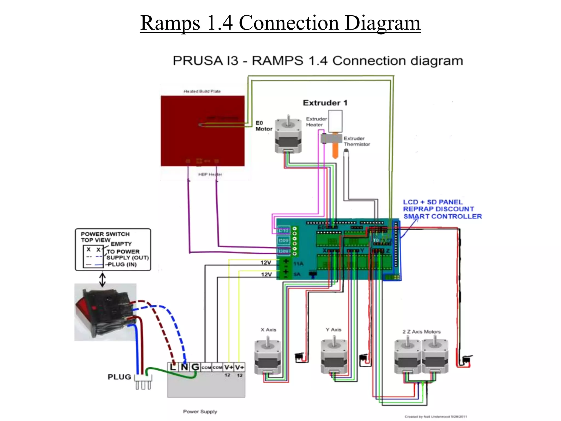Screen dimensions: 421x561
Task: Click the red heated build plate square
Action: [202, 131]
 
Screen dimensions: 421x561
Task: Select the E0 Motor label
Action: [264, 126]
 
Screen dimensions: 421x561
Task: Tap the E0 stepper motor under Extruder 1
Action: [288, 136]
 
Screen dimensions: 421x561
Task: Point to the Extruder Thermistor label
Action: [357, 141]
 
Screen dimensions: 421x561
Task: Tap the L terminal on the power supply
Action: [173, 367]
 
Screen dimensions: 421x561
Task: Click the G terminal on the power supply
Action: [195, 367]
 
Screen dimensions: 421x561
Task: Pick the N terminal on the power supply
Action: [184, 367]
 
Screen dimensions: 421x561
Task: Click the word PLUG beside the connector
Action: [119, 377]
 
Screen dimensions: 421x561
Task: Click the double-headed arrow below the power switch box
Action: [102, 279]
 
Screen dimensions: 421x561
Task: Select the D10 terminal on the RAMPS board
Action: [284, 231]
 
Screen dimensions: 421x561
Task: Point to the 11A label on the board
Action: [298, 264]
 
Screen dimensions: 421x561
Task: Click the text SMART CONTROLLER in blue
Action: [442, 217]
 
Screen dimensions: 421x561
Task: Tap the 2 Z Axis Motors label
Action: [421, 332]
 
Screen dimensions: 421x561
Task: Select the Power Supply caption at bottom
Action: [200, 411]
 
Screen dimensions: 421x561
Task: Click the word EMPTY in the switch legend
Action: [121, 244]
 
